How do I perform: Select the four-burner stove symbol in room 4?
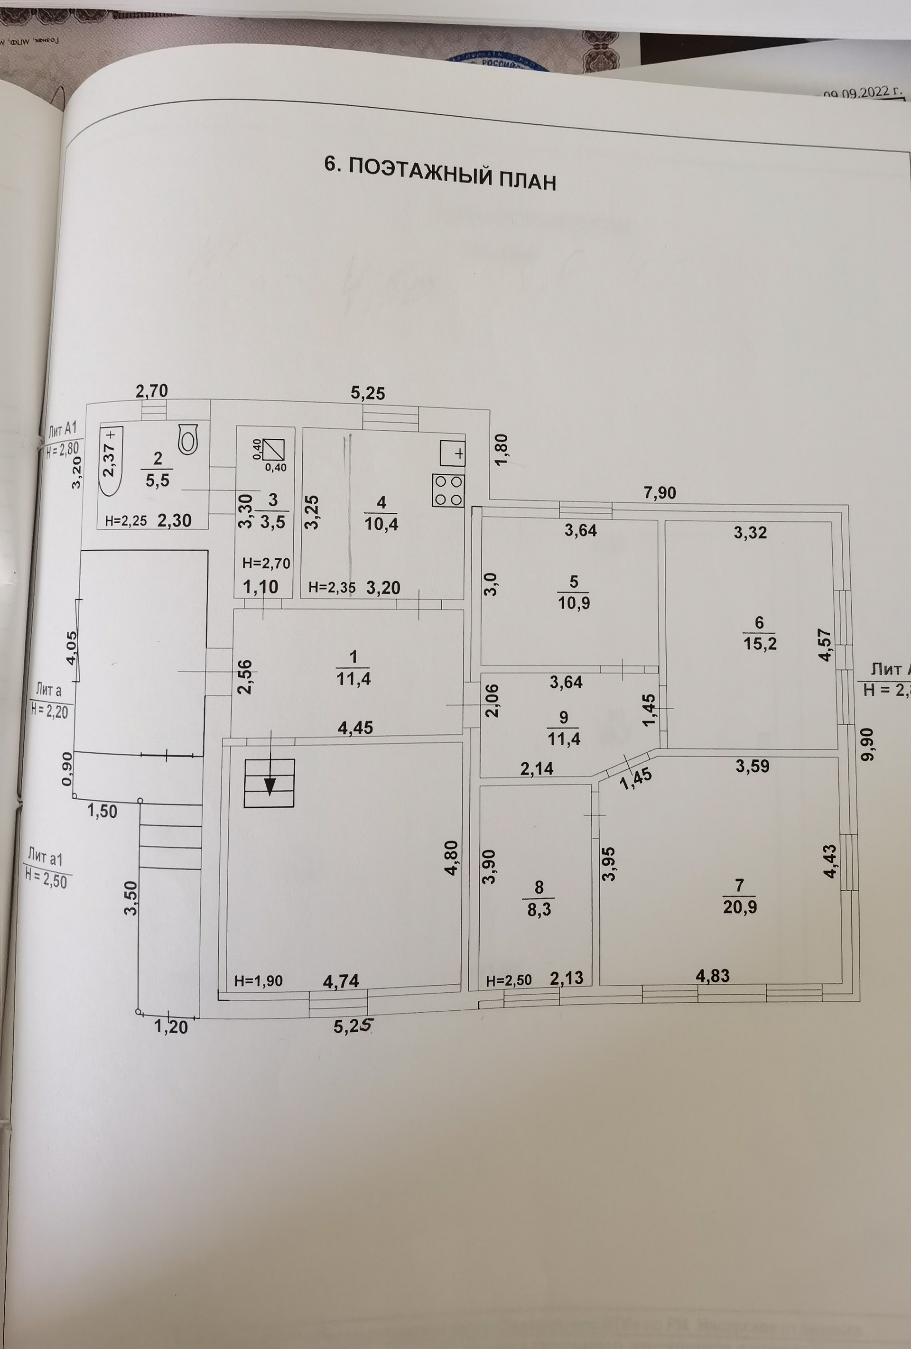pos(447,490)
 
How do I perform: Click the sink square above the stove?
pos(452,453)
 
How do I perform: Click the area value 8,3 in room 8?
pos(539,910)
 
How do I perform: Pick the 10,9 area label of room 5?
pos(574,603)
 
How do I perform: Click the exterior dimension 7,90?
pos(660,493)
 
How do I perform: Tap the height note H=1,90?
pos(259,981)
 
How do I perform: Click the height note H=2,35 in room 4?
pos(332,587)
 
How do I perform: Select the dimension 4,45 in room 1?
pos(355,727)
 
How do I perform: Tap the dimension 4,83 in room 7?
pos(712,976)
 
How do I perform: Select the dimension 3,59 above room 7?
pos(752,766)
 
